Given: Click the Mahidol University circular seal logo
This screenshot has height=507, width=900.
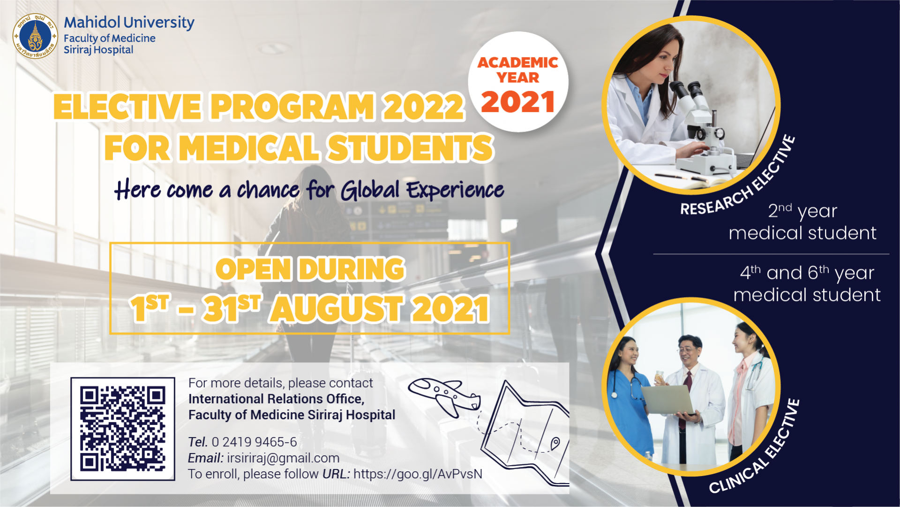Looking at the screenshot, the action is [35, 36].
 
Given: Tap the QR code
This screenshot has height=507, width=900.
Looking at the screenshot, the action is [123, 429].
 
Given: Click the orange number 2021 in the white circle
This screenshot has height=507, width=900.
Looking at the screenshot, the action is [518, 102].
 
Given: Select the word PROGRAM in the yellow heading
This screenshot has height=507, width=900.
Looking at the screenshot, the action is [292, 107].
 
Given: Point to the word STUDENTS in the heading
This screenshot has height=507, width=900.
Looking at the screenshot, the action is [410, 148].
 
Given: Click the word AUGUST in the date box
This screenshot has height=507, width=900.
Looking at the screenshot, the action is [336, 309].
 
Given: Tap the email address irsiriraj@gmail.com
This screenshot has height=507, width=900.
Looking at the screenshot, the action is [283, 458].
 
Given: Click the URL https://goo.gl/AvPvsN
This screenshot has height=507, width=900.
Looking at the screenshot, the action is [418, 474].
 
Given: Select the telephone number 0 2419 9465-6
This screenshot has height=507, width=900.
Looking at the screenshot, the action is [254, 442].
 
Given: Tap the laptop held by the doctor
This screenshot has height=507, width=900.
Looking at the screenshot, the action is [669, 400].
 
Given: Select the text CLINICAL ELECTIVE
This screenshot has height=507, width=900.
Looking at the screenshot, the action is [754, 446].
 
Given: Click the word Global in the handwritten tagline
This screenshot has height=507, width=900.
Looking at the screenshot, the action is [370, 190].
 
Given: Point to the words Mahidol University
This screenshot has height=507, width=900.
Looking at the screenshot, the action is [129, 23].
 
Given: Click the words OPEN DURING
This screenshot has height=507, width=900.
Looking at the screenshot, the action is [310, 269].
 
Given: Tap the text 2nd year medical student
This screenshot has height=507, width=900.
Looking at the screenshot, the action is [802, 222].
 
